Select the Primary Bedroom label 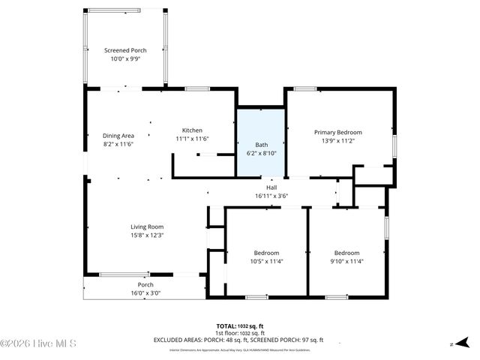337,132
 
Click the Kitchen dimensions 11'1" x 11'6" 192,139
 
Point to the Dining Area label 118,136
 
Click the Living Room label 147,226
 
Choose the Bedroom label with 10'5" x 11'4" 266,253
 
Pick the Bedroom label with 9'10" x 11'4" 346,253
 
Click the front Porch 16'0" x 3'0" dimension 145,293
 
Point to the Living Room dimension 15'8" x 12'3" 147,235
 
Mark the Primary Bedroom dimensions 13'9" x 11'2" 337,140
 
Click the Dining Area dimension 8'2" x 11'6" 118,144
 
